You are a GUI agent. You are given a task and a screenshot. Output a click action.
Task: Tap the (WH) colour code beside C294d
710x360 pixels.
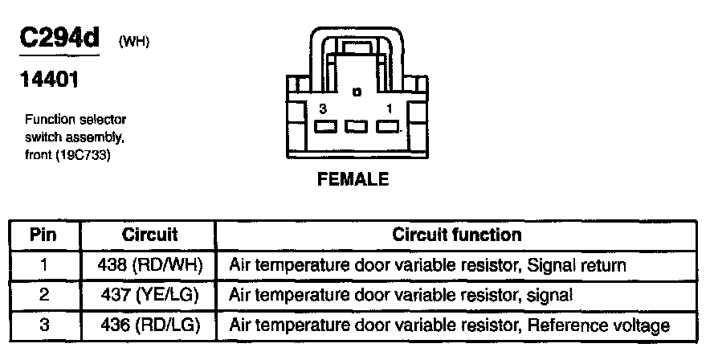[133, 42]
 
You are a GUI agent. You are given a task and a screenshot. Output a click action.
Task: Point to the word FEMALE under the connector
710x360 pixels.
[353, 179]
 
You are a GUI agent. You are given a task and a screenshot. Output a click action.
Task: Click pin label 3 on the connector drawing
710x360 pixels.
[322, 108]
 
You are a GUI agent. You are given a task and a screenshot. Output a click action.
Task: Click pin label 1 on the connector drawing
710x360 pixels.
[390, 108]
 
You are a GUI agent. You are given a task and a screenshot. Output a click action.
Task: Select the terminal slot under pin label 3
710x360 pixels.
[325, 126]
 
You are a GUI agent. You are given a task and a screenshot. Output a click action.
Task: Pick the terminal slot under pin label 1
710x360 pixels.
[386, 126]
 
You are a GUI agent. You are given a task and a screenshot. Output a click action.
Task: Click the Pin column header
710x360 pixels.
[44, 235]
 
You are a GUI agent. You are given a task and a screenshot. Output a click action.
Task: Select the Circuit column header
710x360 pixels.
[149, 235]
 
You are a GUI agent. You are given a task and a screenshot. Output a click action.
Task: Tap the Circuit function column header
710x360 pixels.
[456, 235]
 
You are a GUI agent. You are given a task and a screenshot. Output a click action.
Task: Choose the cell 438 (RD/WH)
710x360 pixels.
[149, 264]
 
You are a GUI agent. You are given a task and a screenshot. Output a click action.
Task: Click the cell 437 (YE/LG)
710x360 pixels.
[149, 295]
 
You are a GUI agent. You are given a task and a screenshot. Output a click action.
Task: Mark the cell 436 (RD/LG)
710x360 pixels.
[149, 325]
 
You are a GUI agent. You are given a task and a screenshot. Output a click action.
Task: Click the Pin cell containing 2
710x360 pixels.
[44, 295]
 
